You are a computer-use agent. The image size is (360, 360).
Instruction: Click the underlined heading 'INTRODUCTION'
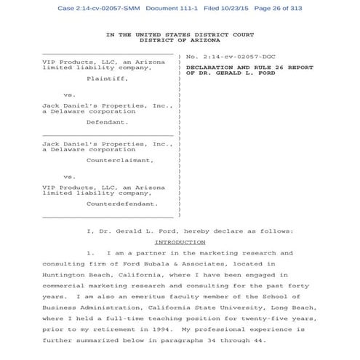point(180,241)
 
